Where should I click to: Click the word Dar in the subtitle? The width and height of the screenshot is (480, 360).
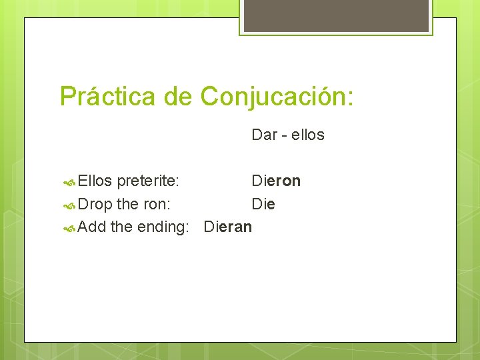click(265, 135)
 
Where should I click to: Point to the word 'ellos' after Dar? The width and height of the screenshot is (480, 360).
click(308, 135)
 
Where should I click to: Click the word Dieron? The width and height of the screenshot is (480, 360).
click(276, 181)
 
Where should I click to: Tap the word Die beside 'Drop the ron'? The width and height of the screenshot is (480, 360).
click(263, 204)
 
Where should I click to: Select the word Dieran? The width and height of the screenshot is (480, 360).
click(228, 227)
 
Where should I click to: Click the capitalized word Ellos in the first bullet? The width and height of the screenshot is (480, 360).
click(95, 181)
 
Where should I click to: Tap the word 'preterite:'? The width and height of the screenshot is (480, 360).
click(147, 181)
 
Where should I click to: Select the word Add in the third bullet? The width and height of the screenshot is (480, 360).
click(92, 227)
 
